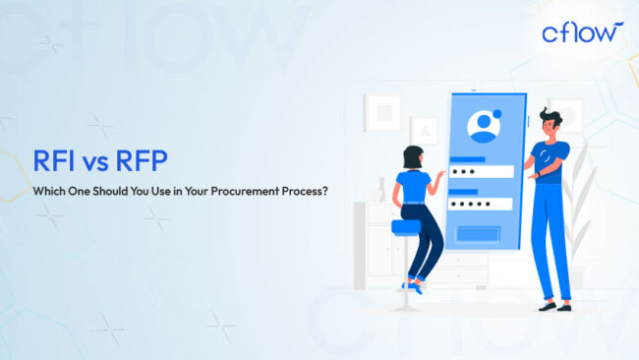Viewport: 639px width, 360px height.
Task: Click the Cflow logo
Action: [x=581, y=33]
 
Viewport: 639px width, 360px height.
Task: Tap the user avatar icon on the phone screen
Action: [x=483, y=127]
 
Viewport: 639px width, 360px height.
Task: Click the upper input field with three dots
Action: [x=481, y=171]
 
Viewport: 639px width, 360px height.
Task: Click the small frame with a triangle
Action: [x=425, y=130]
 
